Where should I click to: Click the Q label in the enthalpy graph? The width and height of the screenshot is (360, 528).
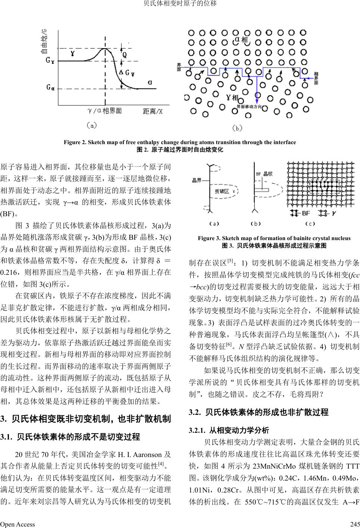click(125, 55)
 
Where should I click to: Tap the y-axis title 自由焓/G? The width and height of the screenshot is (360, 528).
click(44, 42)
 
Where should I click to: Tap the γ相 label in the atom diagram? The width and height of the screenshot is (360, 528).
click(232, 98)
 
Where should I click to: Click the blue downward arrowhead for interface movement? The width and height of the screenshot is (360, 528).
click(256, 101)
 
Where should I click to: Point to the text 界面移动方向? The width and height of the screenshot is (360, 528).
click(252, 107)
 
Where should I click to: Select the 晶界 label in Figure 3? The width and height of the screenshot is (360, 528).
click(197, 180)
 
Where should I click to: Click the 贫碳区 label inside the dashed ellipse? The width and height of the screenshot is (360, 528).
click(222, 191)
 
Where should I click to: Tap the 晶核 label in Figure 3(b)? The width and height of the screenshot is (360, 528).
click(268, 174)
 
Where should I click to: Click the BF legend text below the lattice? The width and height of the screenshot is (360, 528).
click(306, 213)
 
